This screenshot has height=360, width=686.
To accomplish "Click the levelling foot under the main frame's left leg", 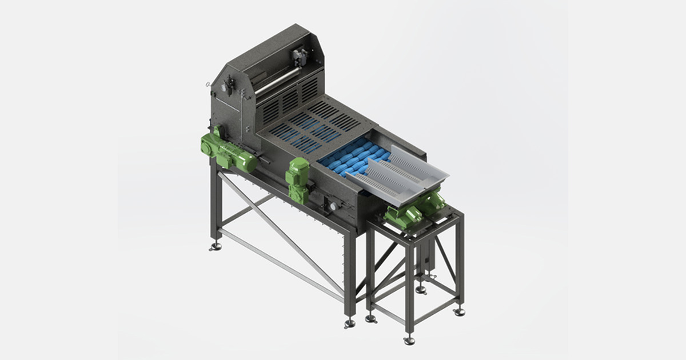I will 216,247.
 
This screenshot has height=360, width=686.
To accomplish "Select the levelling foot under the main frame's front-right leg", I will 349,323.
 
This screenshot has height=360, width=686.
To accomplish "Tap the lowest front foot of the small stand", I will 409,341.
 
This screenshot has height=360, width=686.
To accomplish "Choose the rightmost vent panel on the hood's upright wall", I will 309,90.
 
